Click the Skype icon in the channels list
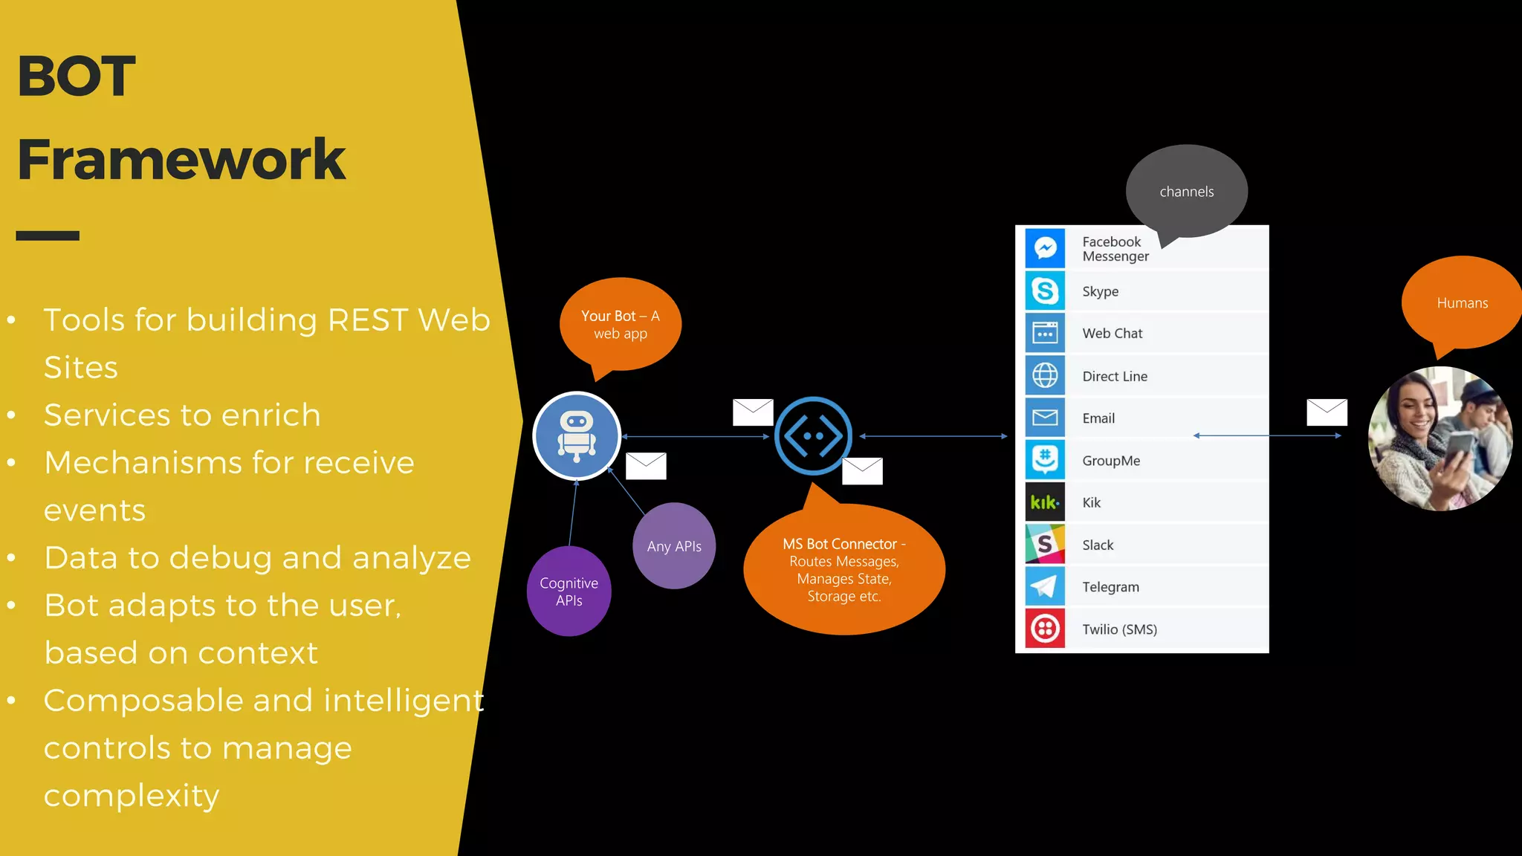coord(1045,291)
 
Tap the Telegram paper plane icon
coord(1045,587)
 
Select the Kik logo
coord(1045,502)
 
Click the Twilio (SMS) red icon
coord(1045,629)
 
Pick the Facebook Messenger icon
coord(1045,248)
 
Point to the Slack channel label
coord(1098,545)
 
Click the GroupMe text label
coord(1110,461)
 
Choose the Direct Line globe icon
coord(1045,375)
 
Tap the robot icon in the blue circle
coord(577,436)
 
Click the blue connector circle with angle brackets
coord(813,436)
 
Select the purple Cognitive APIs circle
coord(569,591)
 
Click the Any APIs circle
coord(674,546)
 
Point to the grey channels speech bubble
coord(1186,191)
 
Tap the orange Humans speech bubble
coord(1462,302)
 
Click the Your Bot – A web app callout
coord(621,325)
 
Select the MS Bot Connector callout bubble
coord(844,570)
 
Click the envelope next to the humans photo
coord(1327,412)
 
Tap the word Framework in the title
coord(181,159)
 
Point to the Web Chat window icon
coord(1045,333)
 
